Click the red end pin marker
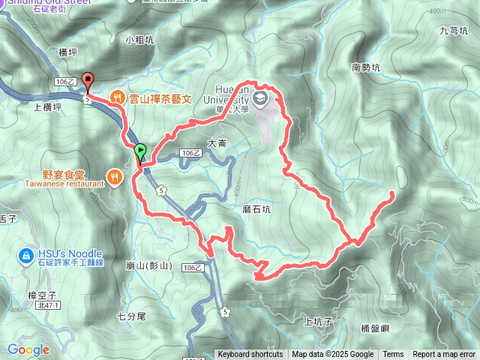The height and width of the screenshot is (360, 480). (x=87, y=81)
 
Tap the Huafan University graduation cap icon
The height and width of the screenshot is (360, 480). (x=259, y=98)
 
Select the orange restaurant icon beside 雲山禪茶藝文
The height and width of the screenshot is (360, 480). (x=116, y=97)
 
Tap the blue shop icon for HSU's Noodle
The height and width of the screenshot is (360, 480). (x=25, y=255)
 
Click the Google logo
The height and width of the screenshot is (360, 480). (x=28, y=349)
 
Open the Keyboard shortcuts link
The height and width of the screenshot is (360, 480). (x=250, y=355)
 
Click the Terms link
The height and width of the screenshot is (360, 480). (x=393, y=355)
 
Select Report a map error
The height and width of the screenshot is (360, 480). (x=445, y=355)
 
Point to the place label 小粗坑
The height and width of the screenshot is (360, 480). (x=139, y=39)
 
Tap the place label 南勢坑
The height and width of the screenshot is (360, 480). (x=366, y=67)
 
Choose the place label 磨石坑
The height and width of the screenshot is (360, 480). (x=256, y=210)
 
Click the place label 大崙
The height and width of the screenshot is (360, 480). (x=217, y=142)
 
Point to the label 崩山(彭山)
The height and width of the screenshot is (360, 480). (x=150, y=265)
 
